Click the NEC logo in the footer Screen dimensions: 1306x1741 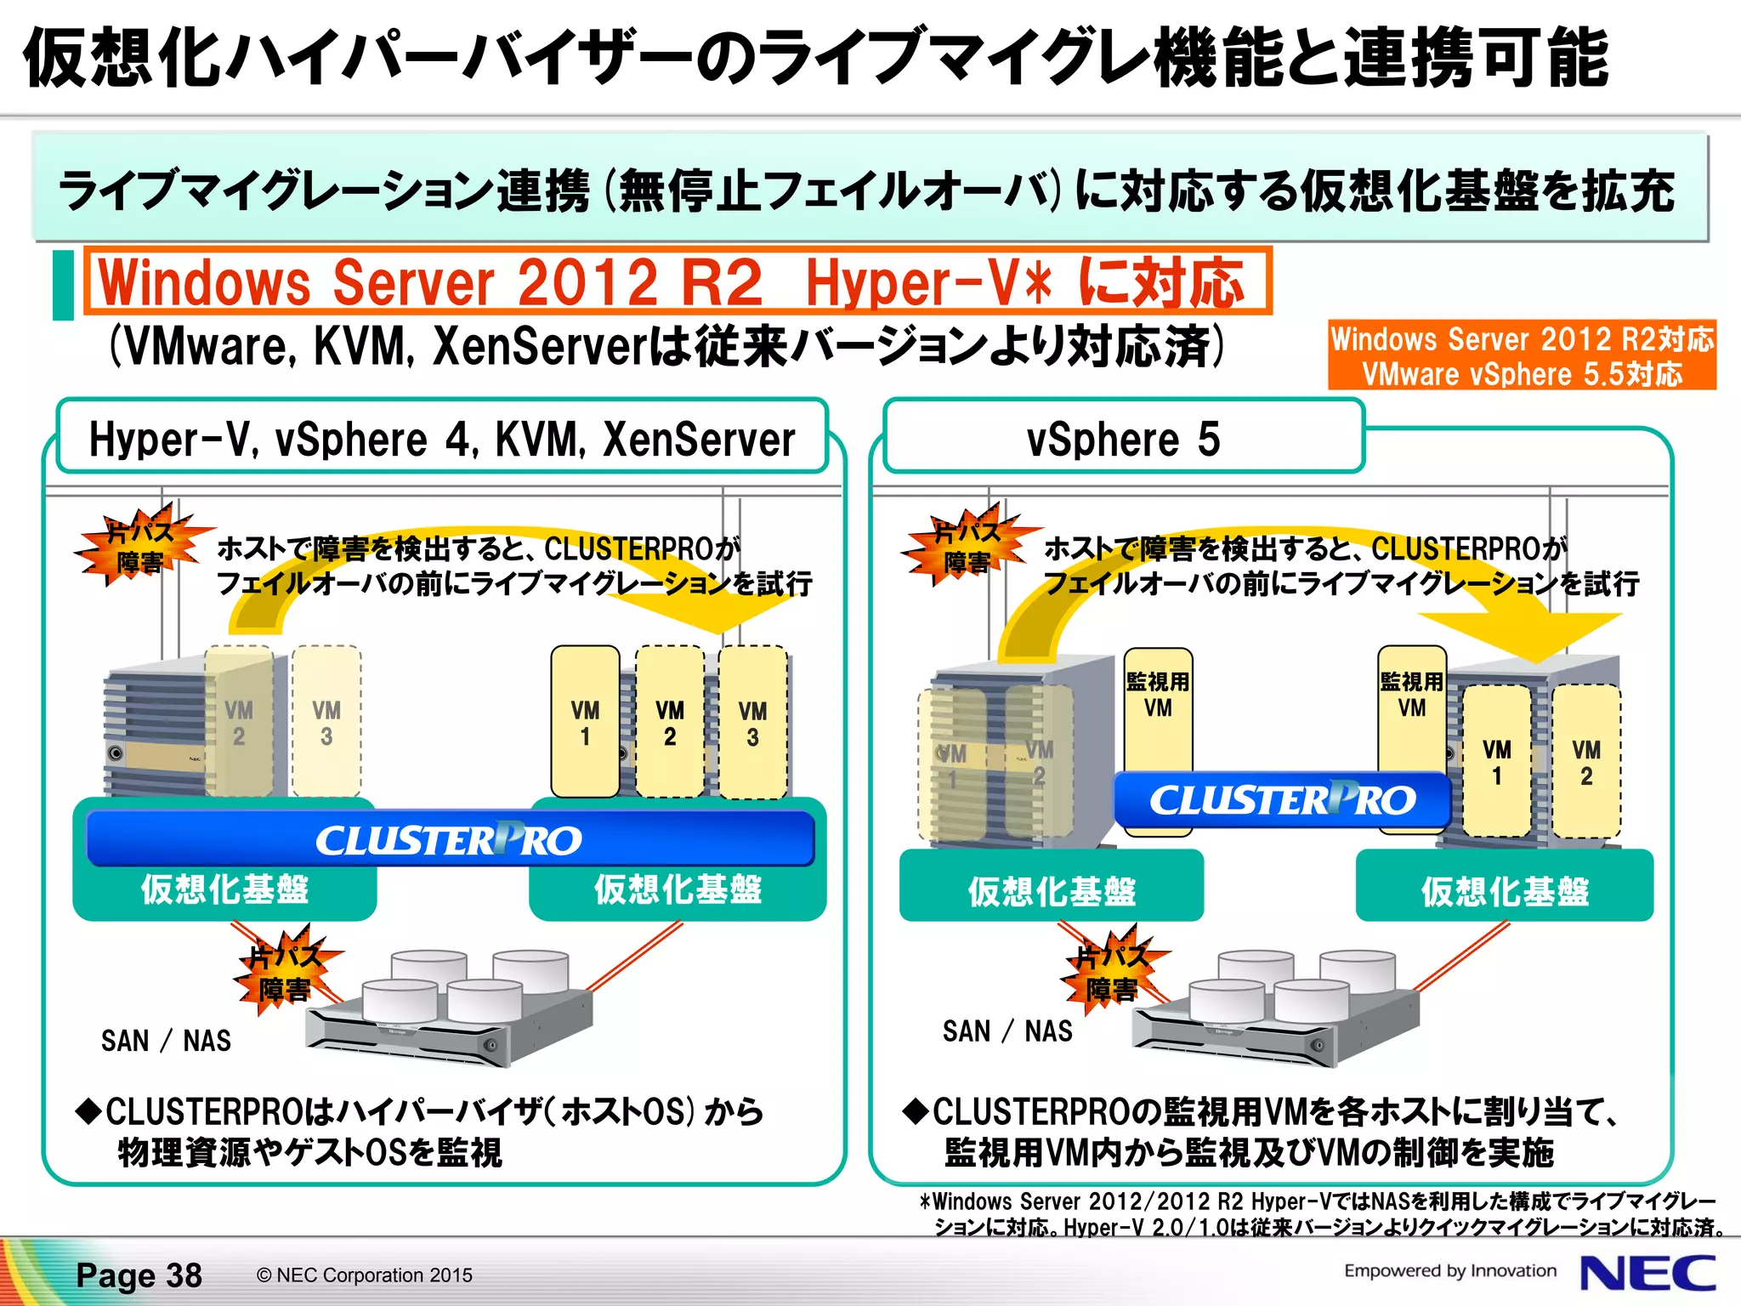[1647, 1274]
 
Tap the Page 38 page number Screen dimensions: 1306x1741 [139, 1275]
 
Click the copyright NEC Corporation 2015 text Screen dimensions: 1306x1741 [364, 1275]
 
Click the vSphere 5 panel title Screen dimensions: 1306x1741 [1123, 439]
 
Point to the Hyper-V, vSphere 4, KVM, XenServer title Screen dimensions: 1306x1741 [442, 439]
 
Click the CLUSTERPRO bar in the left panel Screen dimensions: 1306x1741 [450, 839]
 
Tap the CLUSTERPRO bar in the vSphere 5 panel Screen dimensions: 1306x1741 [1282, 800]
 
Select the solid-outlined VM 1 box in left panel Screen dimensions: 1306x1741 [585, 722]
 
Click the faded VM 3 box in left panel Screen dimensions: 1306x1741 [326, 722]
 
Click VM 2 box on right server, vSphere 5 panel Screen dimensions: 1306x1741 [1585, 761]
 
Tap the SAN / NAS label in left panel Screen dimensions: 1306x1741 [166, 1041]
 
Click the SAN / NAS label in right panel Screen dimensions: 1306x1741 [1007, 1031]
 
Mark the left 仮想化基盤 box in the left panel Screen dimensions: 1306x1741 [224, 889]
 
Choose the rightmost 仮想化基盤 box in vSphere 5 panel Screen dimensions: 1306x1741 [1504, 889]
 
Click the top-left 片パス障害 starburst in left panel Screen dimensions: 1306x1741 [140, 546]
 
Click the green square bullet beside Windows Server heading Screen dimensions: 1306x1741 [64, 285]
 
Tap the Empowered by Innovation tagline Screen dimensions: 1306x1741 [1449, 1271]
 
